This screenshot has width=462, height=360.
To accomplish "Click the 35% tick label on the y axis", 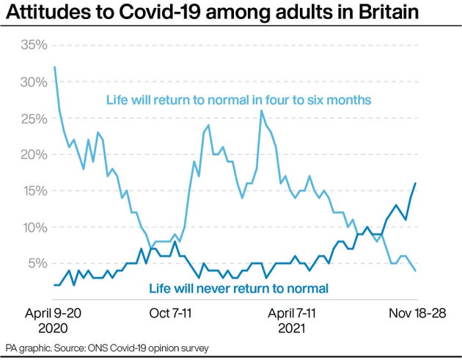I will [33, 45].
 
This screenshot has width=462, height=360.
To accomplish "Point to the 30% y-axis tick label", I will [33, 82].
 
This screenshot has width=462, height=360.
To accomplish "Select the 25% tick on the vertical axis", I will [33, 118].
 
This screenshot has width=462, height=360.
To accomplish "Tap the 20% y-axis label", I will [33, 155].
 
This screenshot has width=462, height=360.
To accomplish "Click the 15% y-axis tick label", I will [33, 191].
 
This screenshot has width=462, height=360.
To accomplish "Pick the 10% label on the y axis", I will [33, 227].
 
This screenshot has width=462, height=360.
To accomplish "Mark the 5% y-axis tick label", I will [37, 263].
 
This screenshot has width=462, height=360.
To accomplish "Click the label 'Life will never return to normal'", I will [238, 288].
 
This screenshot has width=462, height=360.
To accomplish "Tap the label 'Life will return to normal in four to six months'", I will [238, 100].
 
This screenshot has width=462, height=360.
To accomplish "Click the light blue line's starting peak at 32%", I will [55, 67].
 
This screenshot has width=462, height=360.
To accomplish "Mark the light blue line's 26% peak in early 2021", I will [260, 111].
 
